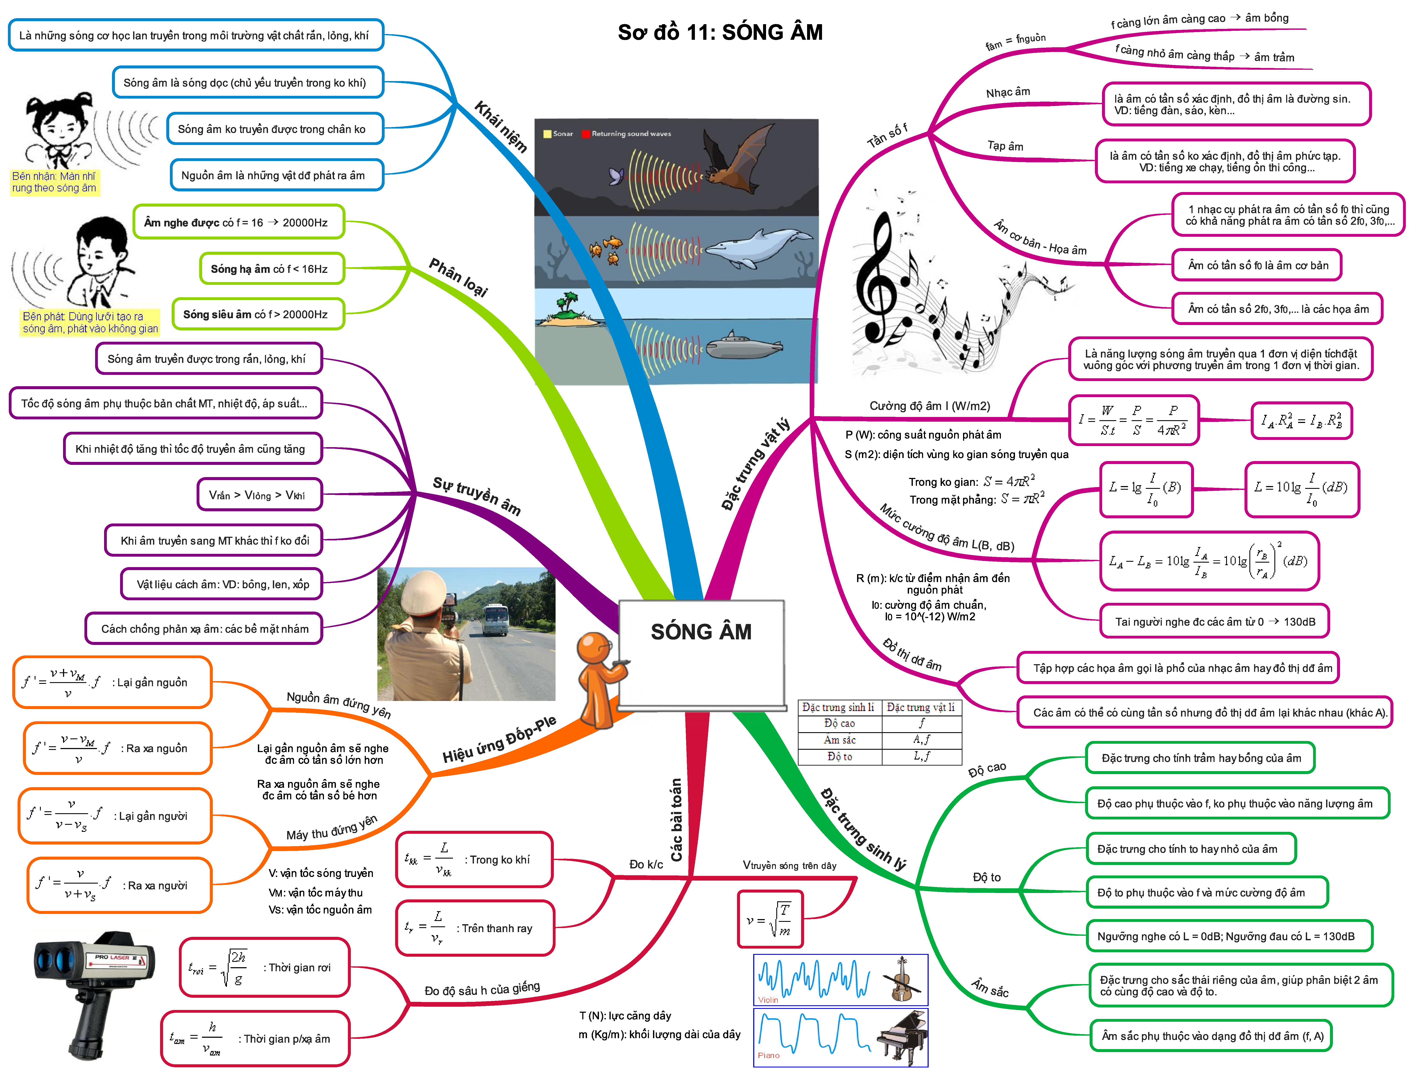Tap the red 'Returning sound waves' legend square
click(x=586, y=134)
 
